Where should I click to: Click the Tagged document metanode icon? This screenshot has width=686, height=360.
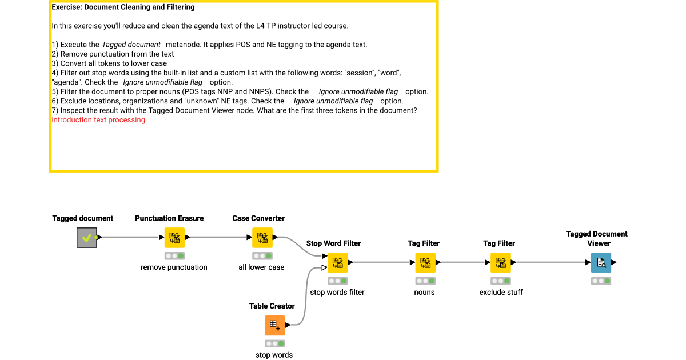pyautogui.click(x=87, y=238)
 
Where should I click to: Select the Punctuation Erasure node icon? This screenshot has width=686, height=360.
pyautogui.click(x=174, y=238)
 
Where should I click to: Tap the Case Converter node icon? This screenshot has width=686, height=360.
pyautogui.click(x=262, y=238)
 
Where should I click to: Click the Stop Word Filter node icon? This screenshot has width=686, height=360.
pyautogui.click(x=337, y=263)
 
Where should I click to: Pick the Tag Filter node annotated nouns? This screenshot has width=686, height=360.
pyautogui.click(x=425, y=263)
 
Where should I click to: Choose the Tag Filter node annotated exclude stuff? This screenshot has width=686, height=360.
pyautogui.click(x=501, y=263)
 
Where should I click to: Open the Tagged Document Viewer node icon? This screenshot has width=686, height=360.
pyautogui.click(x=601, y=263)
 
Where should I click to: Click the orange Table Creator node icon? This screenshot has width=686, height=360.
pyautogui.click(x=274, y=325)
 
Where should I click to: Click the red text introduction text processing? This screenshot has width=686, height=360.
pyautogui.click(x=98, y=120)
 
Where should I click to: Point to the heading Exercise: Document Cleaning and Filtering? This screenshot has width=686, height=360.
pyautogui.click(x=123, y=7)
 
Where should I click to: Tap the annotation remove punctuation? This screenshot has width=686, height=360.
pyautogui.click(x=174, y=267)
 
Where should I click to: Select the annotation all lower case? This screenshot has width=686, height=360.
pyautogui.click(x=261, y=267)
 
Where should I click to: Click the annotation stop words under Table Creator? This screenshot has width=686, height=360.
pyautogui.click(x=274, y=355)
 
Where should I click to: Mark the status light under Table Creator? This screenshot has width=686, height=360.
pyautogui.click(x=274, y=343)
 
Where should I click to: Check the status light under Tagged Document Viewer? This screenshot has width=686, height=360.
pyautogui.click(x=601, y=281)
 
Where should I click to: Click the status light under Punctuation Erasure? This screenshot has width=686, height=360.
pyautogui.click(x=174, y=256)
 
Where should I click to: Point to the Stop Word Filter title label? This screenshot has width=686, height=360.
pyautogui.click(x=333, y=243)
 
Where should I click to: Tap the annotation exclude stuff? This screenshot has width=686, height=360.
pyautogui.click(x=501, y=292)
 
